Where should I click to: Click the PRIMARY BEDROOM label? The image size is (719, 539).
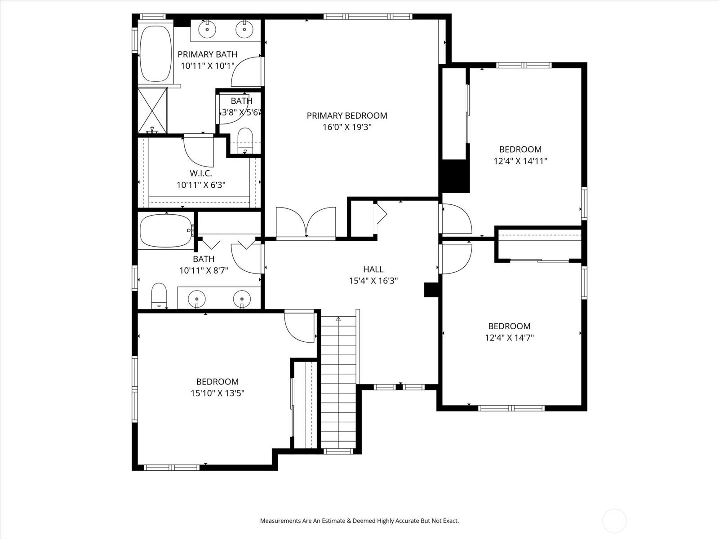(x=346, y=115)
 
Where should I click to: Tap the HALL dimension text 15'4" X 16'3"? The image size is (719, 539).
(x=373, y=281)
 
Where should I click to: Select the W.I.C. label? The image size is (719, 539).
(x=200, y=173)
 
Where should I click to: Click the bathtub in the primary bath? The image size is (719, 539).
(x=155, y=54)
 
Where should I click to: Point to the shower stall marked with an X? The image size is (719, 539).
(x=152, y=110)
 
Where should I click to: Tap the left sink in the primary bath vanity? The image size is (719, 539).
(x=207, y=30)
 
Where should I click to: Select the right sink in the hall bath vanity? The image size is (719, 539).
(x=242, y=298)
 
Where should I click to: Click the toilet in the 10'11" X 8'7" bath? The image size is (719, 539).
(x=159, y=296)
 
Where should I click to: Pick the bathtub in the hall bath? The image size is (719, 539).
(x=165, y=231)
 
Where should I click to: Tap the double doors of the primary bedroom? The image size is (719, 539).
(x=306, y=222)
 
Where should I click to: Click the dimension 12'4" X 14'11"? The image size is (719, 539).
(x=520, y=161)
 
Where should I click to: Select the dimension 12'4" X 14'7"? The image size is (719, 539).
(x=509, y=338)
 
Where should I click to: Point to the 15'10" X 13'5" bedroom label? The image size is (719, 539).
(x=217, y=382)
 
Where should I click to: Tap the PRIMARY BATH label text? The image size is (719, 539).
(x=207, y=54)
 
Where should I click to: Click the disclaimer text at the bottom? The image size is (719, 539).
(x=359, y=521)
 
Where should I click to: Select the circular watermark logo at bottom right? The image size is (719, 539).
(x=614, y=521)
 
